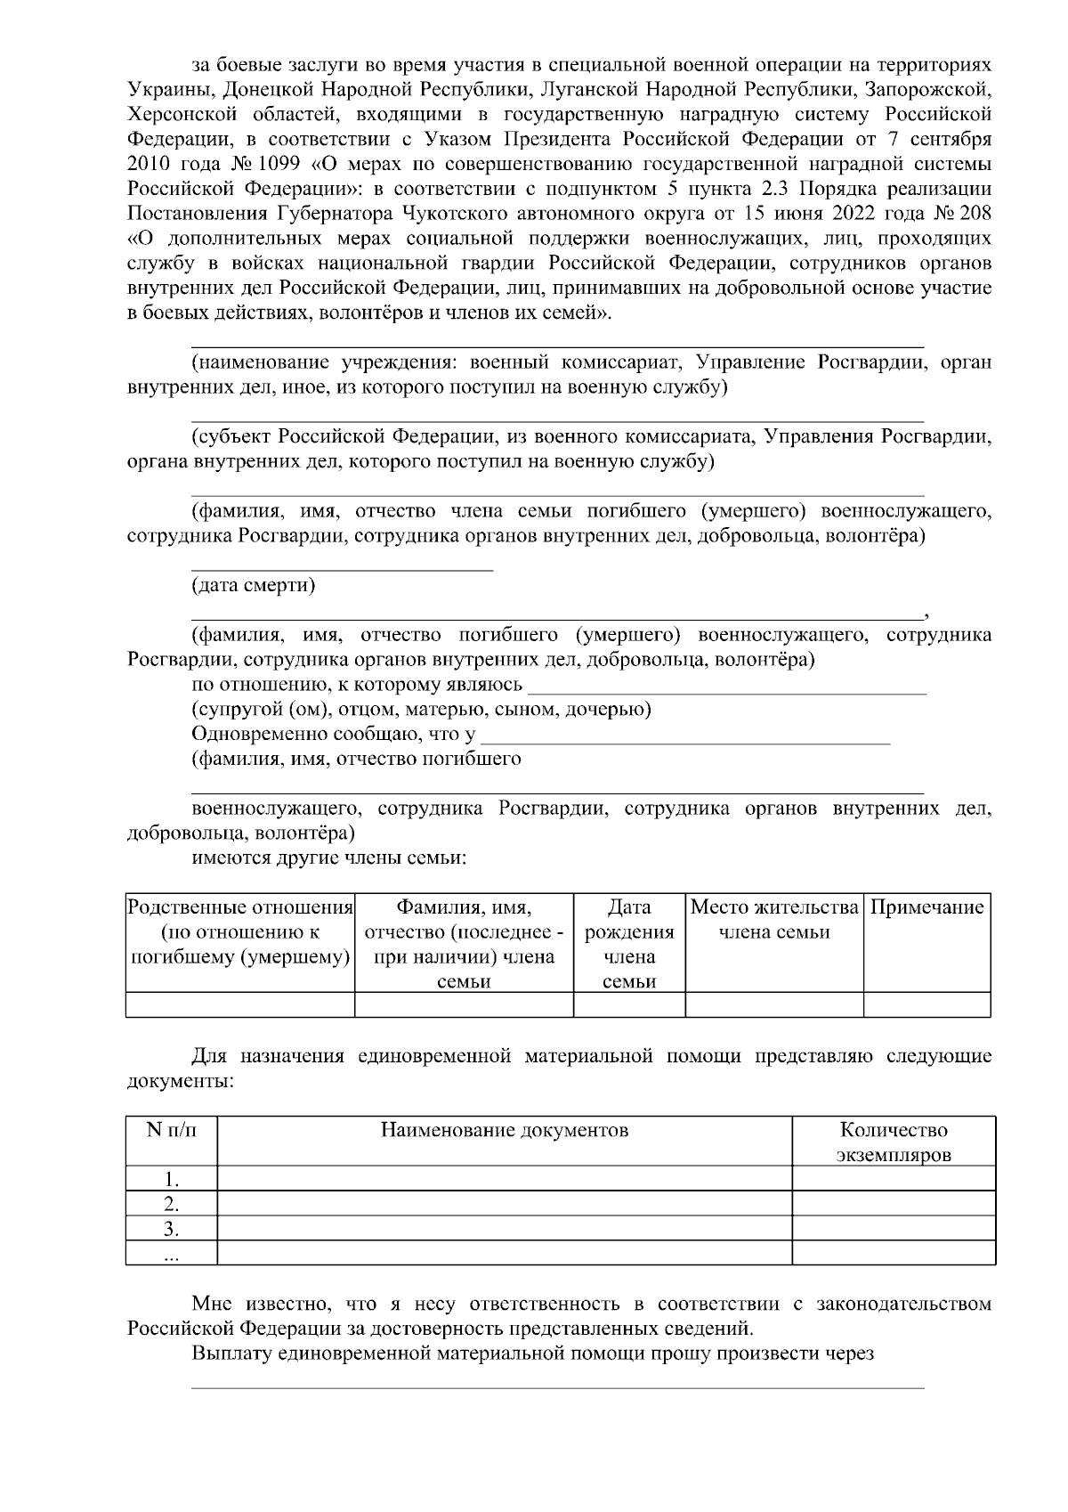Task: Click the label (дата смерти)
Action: pos(253,585)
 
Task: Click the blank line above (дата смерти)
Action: pos(342,569)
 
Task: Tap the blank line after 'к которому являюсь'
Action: pos(727,692)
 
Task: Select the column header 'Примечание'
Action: pos(926,907)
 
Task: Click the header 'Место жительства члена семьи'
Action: pos(773,920)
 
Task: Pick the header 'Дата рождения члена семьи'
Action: pos(628,944)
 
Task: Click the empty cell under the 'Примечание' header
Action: pos(926,1004)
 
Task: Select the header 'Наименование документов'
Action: pos(504,1130)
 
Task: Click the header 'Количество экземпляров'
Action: pos(893,1142)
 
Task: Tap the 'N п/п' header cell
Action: pos(171,1130)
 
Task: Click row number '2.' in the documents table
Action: pos(171,1205)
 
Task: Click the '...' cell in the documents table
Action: pos(171,1254)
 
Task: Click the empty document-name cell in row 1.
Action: pos(504,1179)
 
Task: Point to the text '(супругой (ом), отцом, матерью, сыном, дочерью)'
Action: pos(421,710)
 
